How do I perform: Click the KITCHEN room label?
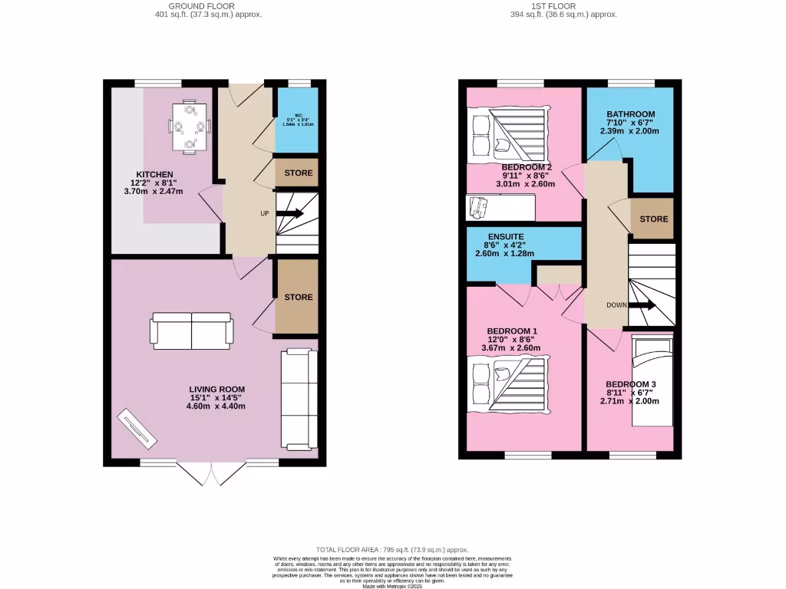click(154, 174)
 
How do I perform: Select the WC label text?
click(292, 117)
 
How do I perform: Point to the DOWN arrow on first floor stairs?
click(643, 304)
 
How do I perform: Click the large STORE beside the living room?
click(298, 297)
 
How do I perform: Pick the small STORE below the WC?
click(298, 173)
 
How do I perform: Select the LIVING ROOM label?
click(216, 390)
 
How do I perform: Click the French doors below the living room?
click(212, 472)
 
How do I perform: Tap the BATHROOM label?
click(629, 114)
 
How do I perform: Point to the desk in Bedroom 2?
click(500, 206)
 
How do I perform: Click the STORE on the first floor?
click(654, 219)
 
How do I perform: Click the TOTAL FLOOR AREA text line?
click(392, 550)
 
